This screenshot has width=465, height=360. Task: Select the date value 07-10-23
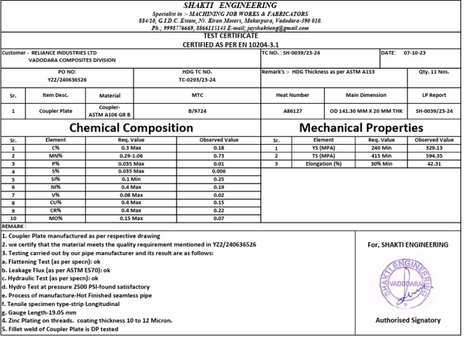click(x=415, y=53)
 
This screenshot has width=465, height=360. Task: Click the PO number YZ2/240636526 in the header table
click(x=67, y=79)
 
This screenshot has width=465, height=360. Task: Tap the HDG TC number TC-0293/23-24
click(x=197, y=79)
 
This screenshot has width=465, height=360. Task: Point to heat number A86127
click(x=292, y=111)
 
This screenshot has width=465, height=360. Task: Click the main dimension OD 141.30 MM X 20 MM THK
click(x=366, y=111)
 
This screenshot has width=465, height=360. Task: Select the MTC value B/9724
click(x=197, y=111)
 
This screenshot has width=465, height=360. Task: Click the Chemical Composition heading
click(x=131, y=128)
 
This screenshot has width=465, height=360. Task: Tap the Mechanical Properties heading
click(x=361, y=128)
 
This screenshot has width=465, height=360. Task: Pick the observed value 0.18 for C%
click(x=219, y=148)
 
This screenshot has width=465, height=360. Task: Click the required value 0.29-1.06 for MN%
click(x=131, y=156)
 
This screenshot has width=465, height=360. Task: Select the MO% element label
click(x=56, y=218)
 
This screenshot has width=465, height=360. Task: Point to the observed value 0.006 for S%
click(x=219, y=172)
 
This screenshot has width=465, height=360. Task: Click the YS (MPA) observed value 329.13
click(x=434, y=148)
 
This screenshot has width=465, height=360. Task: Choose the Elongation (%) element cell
click(x=324, y=164)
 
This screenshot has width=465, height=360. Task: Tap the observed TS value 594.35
click(x=434, y=156)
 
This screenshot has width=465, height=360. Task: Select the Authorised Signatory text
click(x=407, y=320)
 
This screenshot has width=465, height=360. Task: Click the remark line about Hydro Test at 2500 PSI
click(x=76, y=286)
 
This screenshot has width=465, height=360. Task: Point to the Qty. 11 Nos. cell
click(x=434, y=72)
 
